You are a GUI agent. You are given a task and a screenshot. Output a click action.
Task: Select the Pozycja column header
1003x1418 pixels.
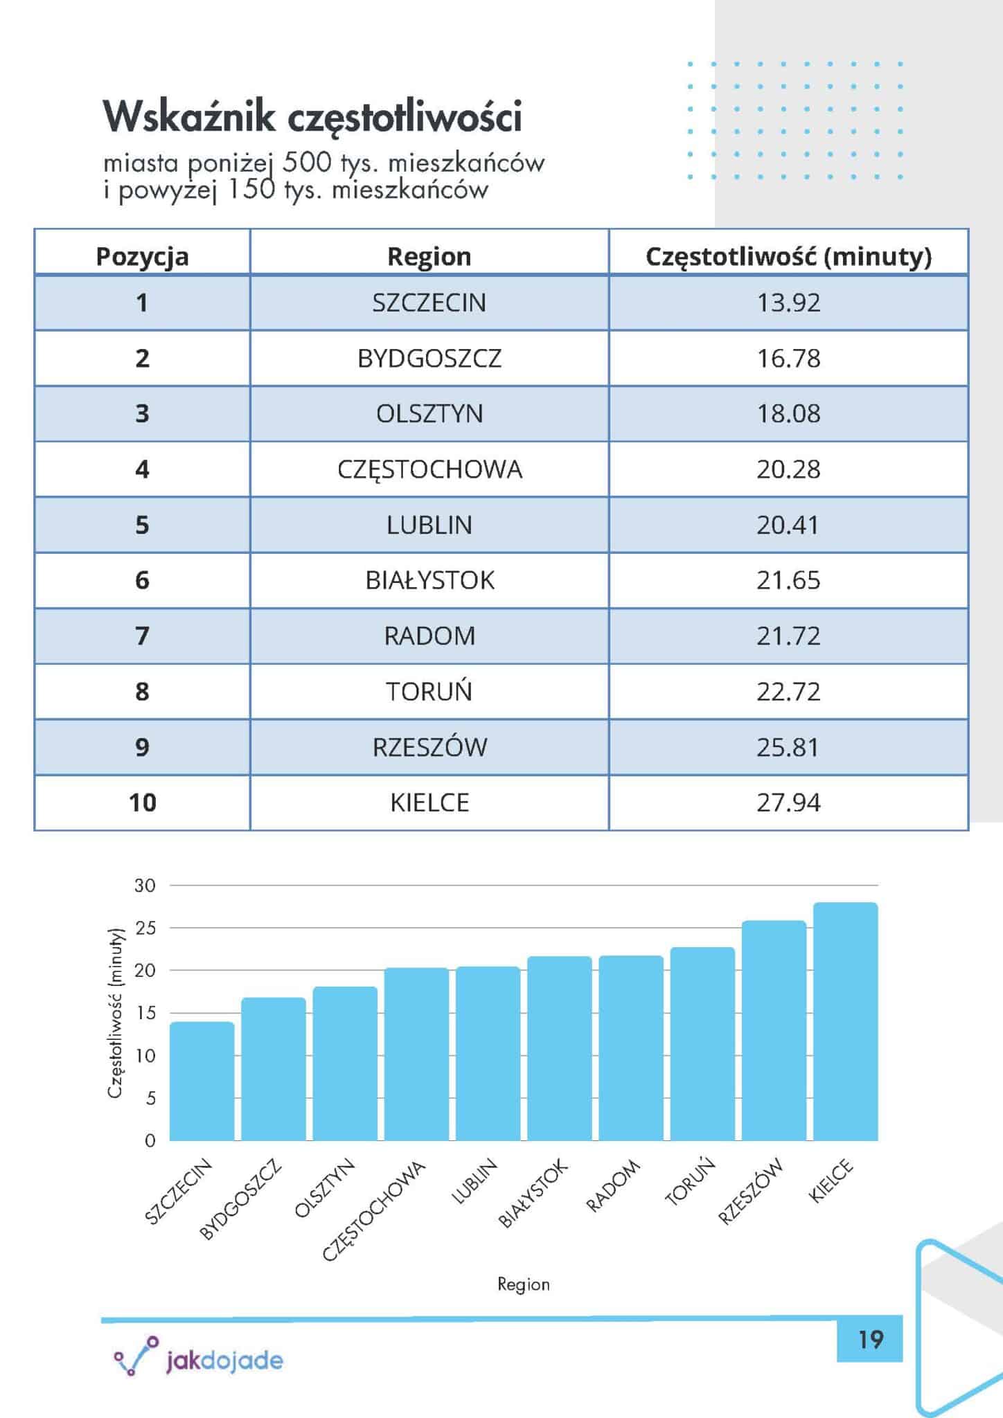point(142,257)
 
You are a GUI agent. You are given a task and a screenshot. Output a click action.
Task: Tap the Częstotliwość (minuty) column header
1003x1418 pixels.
point(788,257)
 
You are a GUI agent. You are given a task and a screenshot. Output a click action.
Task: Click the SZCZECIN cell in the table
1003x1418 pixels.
point(429,303)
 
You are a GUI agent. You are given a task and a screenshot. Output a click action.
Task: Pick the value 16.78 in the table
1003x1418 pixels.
point(788,359)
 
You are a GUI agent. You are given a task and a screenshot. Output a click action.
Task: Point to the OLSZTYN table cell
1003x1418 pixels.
point(429,414)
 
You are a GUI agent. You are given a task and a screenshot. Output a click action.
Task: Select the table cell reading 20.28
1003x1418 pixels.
point(788,469)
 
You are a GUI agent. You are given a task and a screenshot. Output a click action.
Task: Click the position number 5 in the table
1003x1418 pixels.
point(142,526)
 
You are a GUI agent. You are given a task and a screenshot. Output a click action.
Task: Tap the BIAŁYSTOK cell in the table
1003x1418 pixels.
point(429,580)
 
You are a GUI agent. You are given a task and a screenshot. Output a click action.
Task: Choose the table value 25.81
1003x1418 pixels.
point(788,747)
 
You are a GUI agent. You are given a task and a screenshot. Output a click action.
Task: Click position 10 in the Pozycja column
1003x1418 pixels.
point(142,803)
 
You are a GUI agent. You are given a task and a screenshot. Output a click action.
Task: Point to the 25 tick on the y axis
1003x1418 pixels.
point(145,928)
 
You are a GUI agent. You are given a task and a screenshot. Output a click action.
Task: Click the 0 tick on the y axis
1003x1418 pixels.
point(150,1141)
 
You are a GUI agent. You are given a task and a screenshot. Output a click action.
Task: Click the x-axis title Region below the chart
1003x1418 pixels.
point(524,1284)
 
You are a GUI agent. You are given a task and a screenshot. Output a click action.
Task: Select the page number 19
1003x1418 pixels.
point(870,1340)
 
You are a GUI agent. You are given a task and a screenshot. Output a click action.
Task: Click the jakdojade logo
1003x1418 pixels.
point(199,1361)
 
